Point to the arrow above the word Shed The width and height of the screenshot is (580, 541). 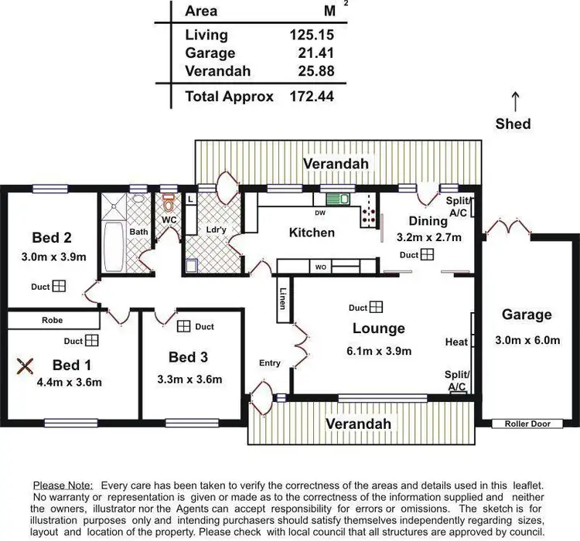514,100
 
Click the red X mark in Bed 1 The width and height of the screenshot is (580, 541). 26,366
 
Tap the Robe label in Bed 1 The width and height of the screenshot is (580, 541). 53,320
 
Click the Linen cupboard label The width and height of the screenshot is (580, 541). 283,298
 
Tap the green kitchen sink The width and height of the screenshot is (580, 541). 337,199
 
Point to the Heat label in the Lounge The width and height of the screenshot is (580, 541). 456,342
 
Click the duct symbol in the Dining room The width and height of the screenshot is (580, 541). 428,254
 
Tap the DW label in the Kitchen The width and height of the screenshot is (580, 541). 319,213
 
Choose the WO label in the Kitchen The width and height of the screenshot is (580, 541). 320,267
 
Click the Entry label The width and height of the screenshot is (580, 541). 270,363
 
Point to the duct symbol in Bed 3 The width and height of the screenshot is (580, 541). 184,326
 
